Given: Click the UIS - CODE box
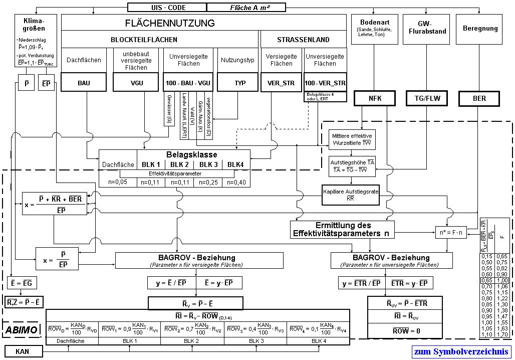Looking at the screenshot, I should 166,7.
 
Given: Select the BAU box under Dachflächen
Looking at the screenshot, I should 84,83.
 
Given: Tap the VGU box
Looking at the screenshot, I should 136,83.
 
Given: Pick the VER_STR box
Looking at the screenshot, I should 281,83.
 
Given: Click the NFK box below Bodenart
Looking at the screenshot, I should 375,98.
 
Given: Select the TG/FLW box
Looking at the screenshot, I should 426,98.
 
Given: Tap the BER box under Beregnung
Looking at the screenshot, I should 479,98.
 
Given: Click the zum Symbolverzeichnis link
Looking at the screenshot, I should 461,351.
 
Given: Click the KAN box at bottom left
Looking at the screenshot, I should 22,351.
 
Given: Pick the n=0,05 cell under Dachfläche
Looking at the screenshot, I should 118,182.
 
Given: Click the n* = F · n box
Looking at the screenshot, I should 450,233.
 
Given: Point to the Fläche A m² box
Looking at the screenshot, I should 245,7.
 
